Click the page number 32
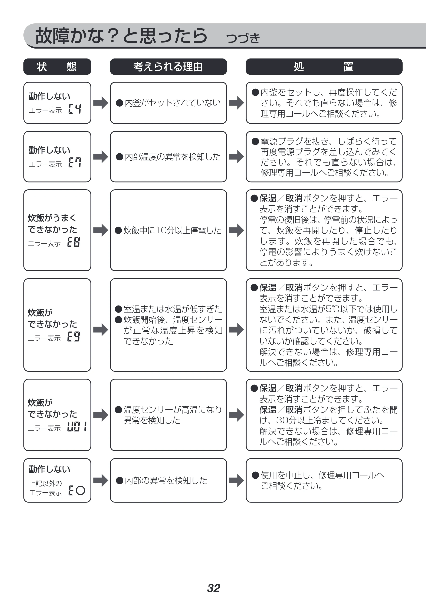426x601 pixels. click(x=213, y=588)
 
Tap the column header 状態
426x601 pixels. click(x=57, y=67)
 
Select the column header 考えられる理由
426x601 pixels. click(x=168, y=67)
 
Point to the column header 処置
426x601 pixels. click(x=324, y=67)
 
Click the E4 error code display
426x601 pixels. click(x=75, y=108)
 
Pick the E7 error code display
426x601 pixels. click(x=75, y=162)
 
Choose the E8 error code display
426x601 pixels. click(x=73, y=241)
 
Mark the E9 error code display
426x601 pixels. click(x=73, y=336)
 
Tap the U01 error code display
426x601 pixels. click(x=77, y=427)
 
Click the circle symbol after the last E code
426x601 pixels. click(x=80, y=490)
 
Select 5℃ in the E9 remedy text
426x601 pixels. click(x=333, y=309)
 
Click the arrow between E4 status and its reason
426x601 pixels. click(x=101, y=103)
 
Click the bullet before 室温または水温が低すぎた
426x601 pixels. click(x=119, y=309)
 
